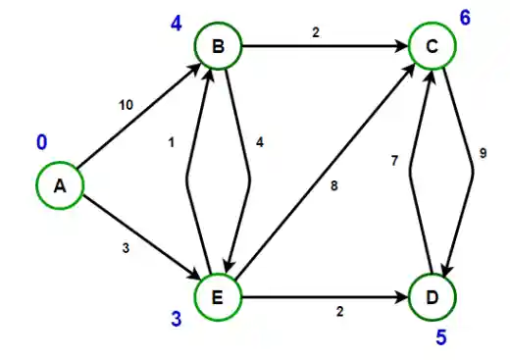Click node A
tap(61, 186)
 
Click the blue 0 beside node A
tap(41, 143)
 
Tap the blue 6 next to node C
tap(464, 17)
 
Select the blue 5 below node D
tap(440, 338)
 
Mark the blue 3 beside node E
tap(178, 320)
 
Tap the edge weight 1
tap(171, 143)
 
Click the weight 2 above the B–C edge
tap(317, 30)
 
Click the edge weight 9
tap(483, 153)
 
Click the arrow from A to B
tap(137, 117)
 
